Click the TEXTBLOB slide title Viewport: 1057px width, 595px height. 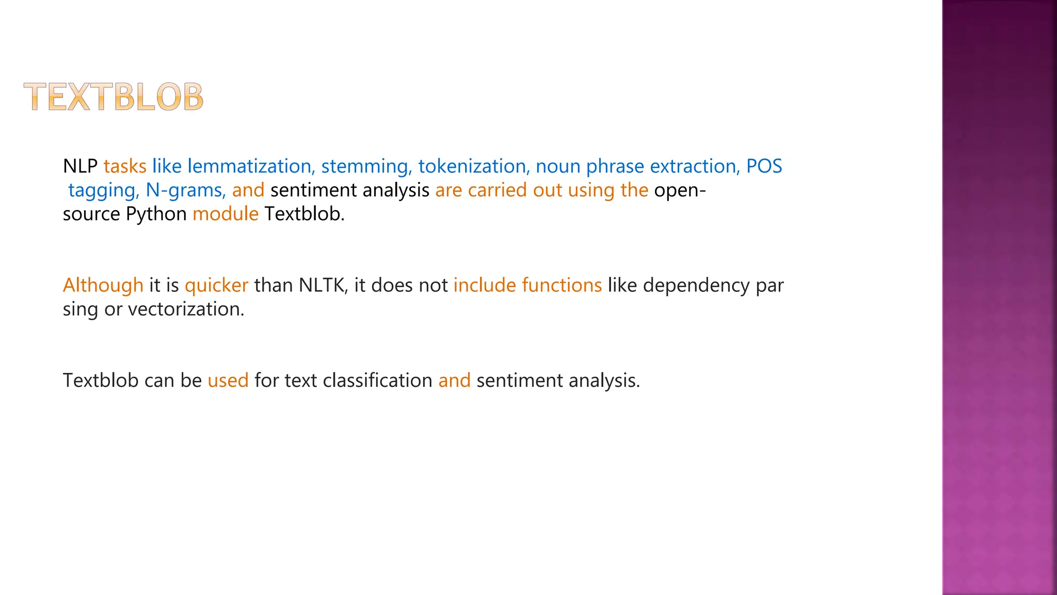coord(114,97)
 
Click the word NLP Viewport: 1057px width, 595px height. coord(80,166)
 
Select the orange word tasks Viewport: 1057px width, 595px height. coord(125,166)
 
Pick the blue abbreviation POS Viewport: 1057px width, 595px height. coord(764,166)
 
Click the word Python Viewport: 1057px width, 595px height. coord(156,214)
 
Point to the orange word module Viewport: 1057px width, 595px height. coord(226,214)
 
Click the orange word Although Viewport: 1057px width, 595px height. coord(103,285)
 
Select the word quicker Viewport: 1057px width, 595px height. coord(217,285)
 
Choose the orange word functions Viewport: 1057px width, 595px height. coord(562,285)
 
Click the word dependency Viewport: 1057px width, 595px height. coord(697,285)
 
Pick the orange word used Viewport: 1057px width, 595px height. coord(228,381)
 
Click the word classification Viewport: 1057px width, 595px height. coord(378,381)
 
